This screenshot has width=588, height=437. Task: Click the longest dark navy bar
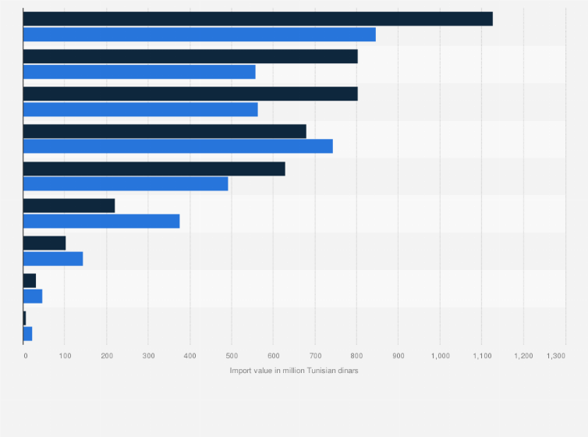click(257, 19)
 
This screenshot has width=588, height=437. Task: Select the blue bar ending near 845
click(199, 34)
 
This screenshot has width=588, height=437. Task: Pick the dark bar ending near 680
click(165, 131)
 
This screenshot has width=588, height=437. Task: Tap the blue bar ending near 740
click(178, 146)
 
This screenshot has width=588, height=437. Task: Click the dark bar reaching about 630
click(154, 169)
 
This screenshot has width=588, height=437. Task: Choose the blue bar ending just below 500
click(126, 183)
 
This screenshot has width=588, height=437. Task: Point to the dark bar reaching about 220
click(69, 206)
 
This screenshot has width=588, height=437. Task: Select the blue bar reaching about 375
click(101, 221)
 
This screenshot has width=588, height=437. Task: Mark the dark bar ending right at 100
click(44, 243)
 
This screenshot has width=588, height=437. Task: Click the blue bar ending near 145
click(53, 258)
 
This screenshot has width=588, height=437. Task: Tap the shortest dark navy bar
click(25, 318)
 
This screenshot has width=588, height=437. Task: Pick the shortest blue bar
click(28, 333)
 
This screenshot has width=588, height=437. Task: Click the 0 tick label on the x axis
click(25, 356)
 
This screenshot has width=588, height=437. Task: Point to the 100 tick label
click(65, 356)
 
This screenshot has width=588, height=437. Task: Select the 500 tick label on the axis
click(232, 356)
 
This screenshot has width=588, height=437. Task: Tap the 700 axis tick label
click(315, 356)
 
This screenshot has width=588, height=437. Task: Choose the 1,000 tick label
click(440, 356)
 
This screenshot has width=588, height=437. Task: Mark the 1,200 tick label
click(523, 356)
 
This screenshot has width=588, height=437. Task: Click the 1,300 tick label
click(556, 356)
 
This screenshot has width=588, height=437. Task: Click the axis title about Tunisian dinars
click(294, 370)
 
